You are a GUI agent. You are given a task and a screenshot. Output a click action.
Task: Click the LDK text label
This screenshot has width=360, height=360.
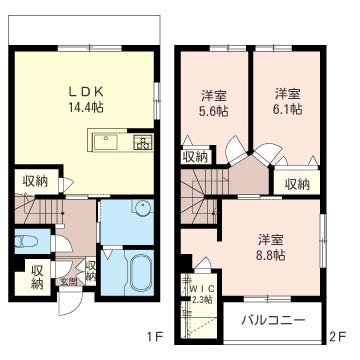[x=85, y=89]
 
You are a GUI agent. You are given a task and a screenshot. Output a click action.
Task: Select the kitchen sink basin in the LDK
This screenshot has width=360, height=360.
[x=108, y=142]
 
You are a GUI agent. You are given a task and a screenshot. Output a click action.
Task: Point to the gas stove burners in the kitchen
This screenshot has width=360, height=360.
[x=141, y=143]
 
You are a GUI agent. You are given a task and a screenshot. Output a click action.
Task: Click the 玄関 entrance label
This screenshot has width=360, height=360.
[x=68, y=281]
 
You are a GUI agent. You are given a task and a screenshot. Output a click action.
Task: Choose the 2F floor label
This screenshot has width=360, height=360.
[x=339, y=337]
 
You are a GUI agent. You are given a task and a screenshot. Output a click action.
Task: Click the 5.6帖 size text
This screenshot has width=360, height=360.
[x=212, y=112]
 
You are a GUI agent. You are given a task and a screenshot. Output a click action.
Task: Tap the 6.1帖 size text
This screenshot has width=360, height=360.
[x=288, y=112]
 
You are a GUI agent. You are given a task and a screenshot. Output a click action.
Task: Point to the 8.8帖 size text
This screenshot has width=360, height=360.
[x=266, y=255]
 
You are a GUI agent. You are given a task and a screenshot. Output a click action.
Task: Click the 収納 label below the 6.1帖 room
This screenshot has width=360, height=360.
[x=296, y=183]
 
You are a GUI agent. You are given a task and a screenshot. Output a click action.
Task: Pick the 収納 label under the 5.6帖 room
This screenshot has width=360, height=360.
[x=195, y=155]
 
